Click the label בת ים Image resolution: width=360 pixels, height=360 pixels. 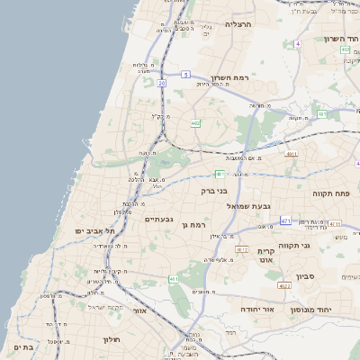(24, 346)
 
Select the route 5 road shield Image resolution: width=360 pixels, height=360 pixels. (185, 74)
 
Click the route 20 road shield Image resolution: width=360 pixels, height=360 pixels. (162, 83)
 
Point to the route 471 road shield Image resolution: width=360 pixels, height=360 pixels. (285, 220)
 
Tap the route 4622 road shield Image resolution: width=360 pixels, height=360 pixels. (284, 286)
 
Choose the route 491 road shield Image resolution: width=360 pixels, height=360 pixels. (290, 155)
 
